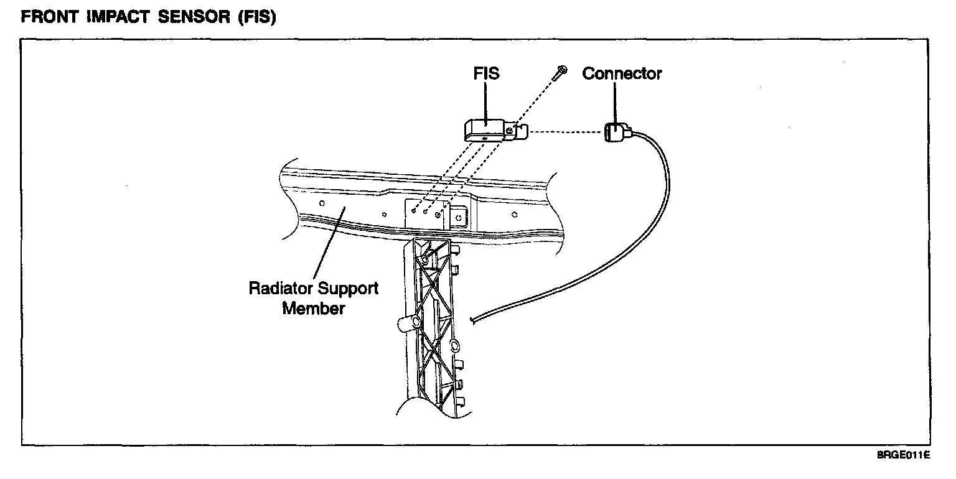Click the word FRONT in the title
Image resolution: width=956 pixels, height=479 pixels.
tap(50, 17)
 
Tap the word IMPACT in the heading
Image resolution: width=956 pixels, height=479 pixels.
tap(118, 17)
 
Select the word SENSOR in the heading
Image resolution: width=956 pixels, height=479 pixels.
tap(194, 17)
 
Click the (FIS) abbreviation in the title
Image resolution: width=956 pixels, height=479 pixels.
tap(257, 17)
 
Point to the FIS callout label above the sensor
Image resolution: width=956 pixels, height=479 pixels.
tap(486, 73)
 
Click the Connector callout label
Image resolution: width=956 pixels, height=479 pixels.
tap(622, 73)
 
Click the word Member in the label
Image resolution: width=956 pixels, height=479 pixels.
tap(314, 309)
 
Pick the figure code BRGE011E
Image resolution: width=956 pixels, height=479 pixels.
tap(904, 455)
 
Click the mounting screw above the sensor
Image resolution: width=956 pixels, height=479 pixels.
tap(560, 73)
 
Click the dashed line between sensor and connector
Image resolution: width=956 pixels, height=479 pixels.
tap(566, 132)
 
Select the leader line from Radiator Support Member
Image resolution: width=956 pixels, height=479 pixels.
tap(329, 243)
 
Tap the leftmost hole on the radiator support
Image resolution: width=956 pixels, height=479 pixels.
tap(322, 203)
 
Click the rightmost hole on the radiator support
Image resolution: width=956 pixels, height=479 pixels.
tap(514, 215)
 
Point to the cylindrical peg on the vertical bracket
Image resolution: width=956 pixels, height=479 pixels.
tap(408, 323)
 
